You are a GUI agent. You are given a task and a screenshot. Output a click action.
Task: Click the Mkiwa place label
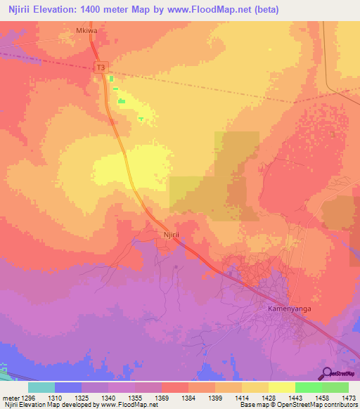click(86, 32)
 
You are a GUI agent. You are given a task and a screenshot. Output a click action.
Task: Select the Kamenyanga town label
click(288, 309)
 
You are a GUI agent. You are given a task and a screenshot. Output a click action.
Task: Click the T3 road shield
click(102, 67)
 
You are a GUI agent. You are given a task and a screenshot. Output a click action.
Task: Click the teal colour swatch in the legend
click(41, 387)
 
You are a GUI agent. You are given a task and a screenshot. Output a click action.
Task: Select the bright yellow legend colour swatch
click(281, 387)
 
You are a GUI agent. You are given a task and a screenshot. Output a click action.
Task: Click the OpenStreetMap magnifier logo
click(327, 372)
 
